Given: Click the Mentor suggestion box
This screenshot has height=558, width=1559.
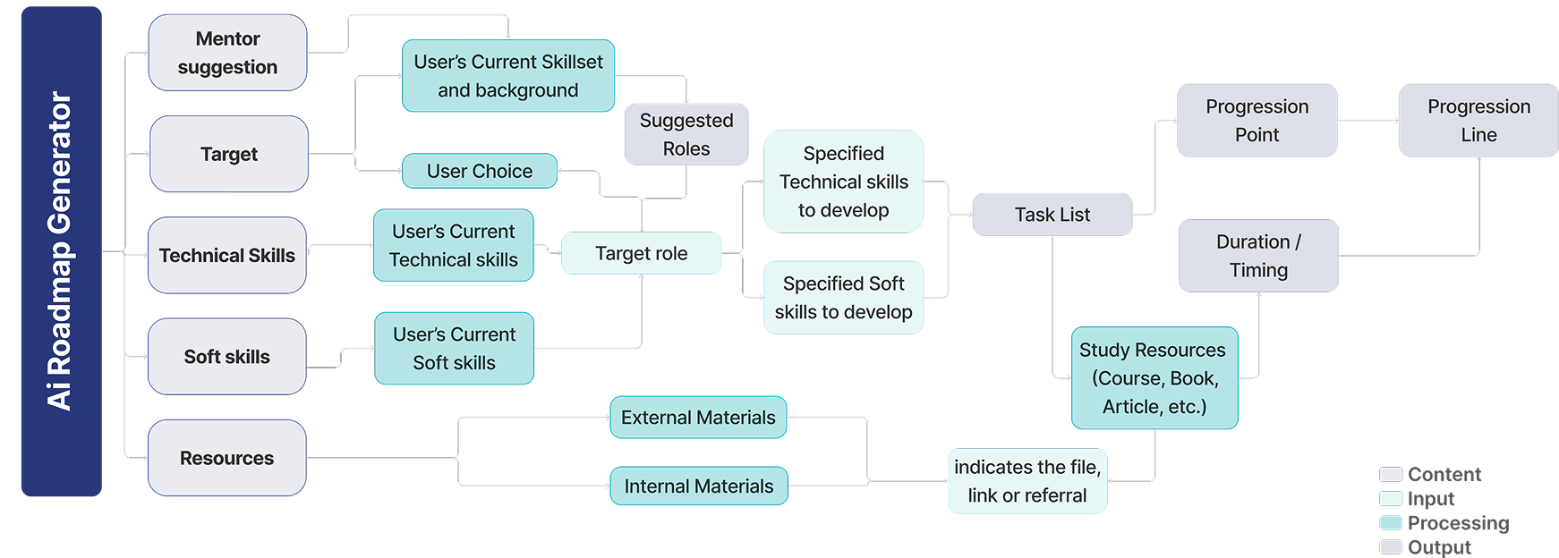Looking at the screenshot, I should [x=227, y=53].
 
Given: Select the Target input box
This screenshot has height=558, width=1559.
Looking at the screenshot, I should [x=229, y=154].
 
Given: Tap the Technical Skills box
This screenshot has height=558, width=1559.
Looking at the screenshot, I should [x=227, y=255].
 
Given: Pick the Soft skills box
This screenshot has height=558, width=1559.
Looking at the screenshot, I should [x=227, y=357].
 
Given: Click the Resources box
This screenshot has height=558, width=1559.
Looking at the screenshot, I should [x=227, y=458].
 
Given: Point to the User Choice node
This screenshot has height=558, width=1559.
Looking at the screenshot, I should [x=480, y=171].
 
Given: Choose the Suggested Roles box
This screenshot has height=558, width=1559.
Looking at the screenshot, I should [x=686, y=134].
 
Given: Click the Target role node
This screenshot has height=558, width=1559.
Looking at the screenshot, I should [x=641, y=253].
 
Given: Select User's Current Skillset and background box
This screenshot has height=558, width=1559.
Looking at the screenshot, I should [x=508, y=76].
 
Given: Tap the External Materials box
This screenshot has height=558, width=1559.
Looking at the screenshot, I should [x=698, y=418].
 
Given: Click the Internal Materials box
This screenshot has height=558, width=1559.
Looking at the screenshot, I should [x=699, y=486].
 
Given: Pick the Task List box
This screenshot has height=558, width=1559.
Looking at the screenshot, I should [x=1052, y=215].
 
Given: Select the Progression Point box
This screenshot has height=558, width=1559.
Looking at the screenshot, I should [x=1257, y=121].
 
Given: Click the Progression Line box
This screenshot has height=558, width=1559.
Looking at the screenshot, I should [x=1478, y=121].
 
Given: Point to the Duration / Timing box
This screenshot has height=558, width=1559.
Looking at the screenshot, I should [x=1258, y=256].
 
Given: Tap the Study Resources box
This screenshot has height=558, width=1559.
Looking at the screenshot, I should [x=1154, y=378].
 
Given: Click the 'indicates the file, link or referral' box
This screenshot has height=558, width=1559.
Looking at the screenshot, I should [x=1027, y=481].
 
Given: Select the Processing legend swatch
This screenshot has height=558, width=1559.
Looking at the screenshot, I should [x=1391, y=523].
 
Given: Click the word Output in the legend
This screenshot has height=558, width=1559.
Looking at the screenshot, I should [x=1439, y=547].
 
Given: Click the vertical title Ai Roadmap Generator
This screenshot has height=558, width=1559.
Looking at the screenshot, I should [x=61, y=251].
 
